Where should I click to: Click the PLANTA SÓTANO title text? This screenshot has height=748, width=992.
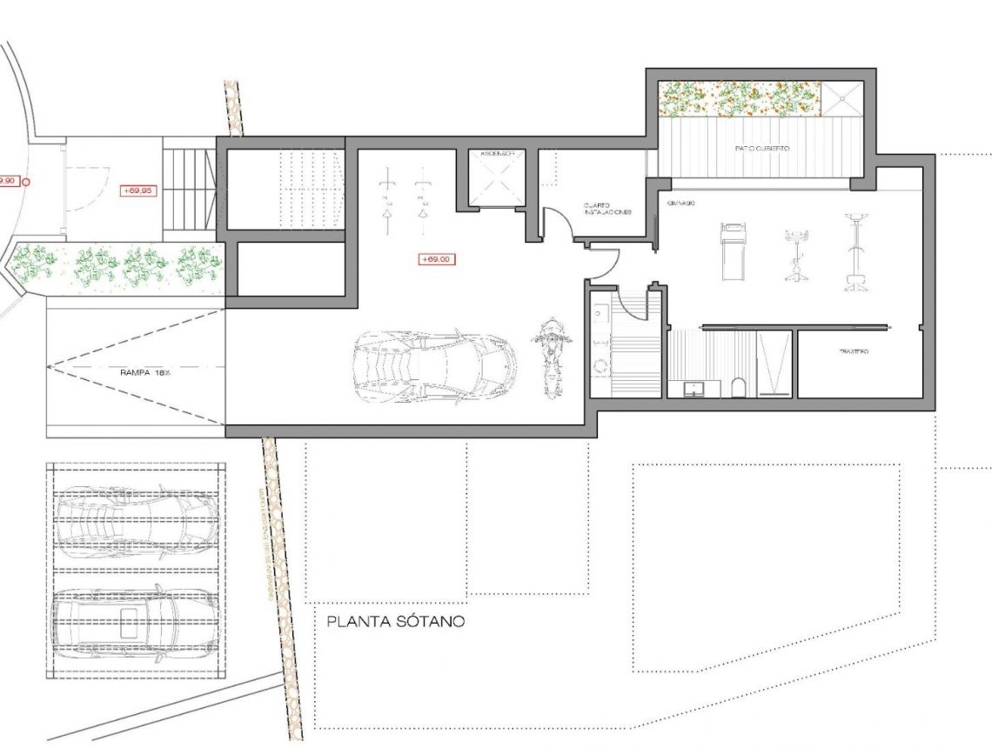pyautogui.click(x=396, y=622)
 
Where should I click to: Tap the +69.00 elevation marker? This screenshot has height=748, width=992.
pyautogui.click(x=438, y=258)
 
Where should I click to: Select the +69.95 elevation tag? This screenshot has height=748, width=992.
pyautogui.click(x=138, y=190)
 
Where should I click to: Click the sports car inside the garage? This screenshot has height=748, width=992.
pyautogui.click(x=433, y=365)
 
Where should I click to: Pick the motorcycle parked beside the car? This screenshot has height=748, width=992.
pyautogui.click(x=550, y=357)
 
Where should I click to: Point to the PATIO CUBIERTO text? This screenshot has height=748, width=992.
pyautogui.click(x=761, y=149)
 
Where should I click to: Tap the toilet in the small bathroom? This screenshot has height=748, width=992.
pyautogui.click(x=739, y=386)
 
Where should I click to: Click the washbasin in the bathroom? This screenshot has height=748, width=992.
pyautogui.click(x=694, y=388)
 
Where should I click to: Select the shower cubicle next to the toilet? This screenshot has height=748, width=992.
pyautogui.click(x=774, y=364)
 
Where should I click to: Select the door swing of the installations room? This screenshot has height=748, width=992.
pyautogui.click(x=559, y=224)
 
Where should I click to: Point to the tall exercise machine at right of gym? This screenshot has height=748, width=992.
pyautogui.click(x=855, y=252)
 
